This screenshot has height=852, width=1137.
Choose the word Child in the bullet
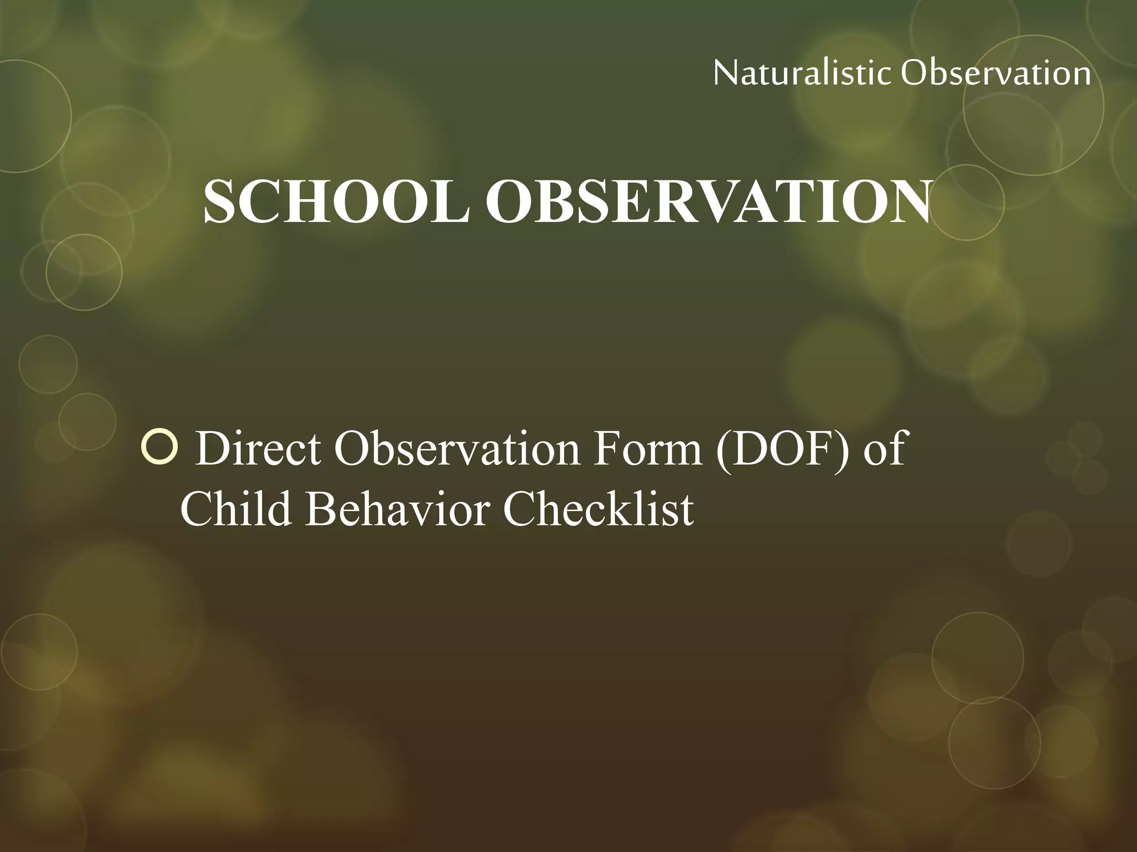(236, 509)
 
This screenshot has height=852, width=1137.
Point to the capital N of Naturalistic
(725, 73)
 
